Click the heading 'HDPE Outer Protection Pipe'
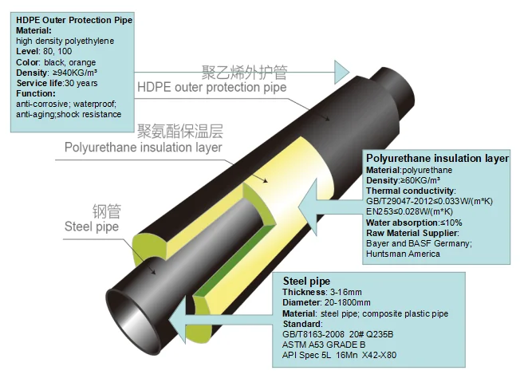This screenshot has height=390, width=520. [x=74, y=20]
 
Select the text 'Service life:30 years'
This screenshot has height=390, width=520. [x=57, y=83]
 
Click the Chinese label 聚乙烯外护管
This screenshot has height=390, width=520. [x=244, y=73]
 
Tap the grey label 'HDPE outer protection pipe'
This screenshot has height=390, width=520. [x=212, y=87]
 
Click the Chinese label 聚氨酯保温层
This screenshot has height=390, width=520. [x=180, y=131]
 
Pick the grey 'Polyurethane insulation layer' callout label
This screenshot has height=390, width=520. [x=144, y=147]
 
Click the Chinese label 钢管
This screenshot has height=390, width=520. [x=107, y=211]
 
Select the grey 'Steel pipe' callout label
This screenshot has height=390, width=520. [x=92, y=227]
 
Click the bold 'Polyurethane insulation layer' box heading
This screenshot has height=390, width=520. [x=437, y=158]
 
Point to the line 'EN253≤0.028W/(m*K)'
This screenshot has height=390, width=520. [x=409, y=211]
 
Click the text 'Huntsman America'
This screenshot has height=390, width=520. [x=403, y=254]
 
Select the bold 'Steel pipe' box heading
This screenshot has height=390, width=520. [x=306, y=282]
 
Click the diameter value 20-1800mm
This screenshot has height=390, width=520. [x=347, y=302]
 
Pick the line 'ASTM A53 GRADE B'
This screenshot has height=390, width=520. [x=324, y=345]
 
